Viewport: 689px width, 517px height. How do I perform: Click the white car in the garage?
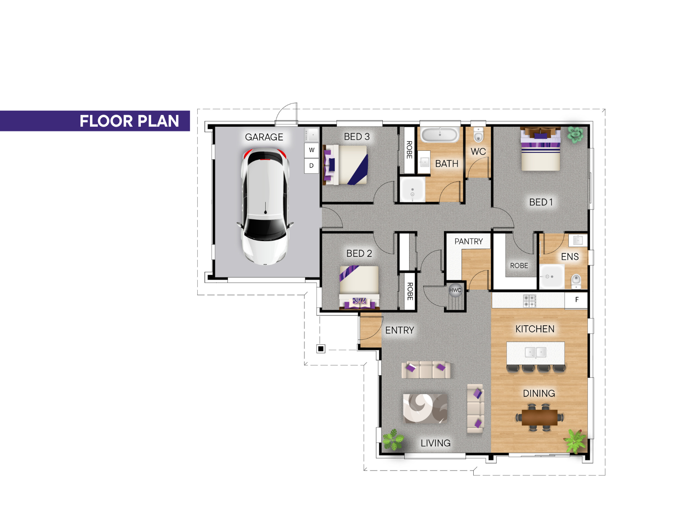pyautogui.click(x=265, y=206)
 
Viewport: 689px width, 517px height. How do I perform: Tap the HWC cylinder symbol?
pyautogui.click(x=455, y=290)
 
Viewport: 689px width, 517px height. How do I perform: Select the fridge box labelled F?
pyautogui.click(x=576, y=300)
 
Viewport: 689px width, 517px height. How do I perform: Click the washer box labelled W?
pyautogui.click(x=311, y=150)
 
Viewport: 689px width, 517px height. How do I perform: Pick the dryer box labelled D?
pyautogui.click(x=311, y=165)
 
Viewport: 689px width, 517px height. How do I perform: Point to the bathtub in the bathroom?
pyautogui.click(x=440, y=134)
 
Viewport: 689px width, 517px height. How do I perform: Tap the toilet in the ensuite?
pyautogui.click(x=576, y=281)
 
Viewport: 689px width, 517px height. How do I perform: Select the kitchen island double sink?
pyautogui.click(x=536, y=352)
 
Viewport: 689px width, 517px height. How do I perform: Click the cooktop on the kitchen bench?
pyautogui.click(x=529, y=301)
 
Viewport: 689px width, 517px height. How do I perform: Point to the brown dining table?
pyautogui.click(x=539, y=417)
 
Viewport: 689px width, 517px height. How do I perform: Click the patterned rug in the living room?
pyautogui.click(x=425, y=408)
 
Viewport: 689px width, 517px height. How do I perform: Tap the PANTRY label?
pyautogui.click(x=469, y=241)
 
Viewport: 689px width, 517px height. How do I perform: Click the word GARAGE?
pyautogui.click(x=264, y=137)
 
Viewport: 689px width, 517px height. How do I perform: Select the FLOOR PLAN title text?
pyautogui.click(x=129, y=121)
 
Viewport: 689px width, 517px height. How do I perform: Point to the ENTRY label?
pyautogui.click(x=399, y=330)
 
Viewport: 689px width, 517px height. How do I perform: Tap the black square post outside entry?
pyautogui.click(x=320, y=349)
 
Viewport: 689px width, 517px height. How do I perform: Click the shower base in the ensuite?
pyautogui.click(x=552, y=276)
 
